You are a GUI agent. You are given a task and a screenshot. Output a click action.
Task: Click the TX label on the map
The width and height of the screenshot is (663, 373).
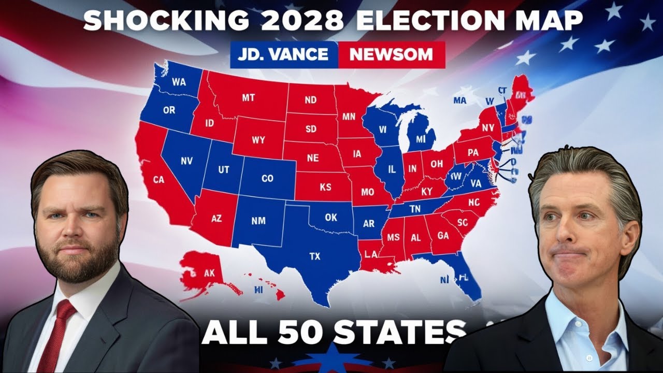pos(314,256)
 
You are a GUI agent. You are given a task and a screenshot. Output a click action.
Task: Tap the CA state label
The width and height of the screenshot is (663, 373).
pos(158,180)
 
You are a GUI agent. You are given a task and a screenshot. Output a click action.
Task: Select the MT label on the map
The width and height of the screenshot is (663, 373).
pos(248,97)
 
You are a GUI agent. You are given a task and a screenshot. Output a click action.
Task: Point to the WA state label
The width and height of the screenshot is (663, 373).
pos(179,82)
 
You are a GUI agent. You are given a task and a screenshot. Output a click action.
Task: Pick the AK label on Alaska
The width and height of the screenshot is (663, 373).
pos(209,273)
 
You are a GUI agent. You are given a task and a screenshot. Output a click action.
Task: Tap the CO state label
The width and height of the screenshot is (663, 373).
pos(267,179)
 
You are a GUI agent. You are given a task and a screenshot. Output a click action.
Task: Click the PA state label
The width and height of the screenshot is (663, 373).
pos(472,153)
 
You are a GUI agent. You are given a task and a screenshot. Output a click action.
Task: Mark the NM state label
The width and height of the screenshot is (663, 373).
pos(258,221)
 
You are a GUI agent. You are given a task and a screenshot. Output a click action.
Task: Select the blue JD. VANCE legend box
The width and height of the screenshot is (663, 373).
pos(284,54)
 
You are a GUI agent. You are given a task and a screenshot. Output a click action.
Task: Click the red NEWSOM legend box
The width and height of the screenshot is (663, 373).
pos(391,54)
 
